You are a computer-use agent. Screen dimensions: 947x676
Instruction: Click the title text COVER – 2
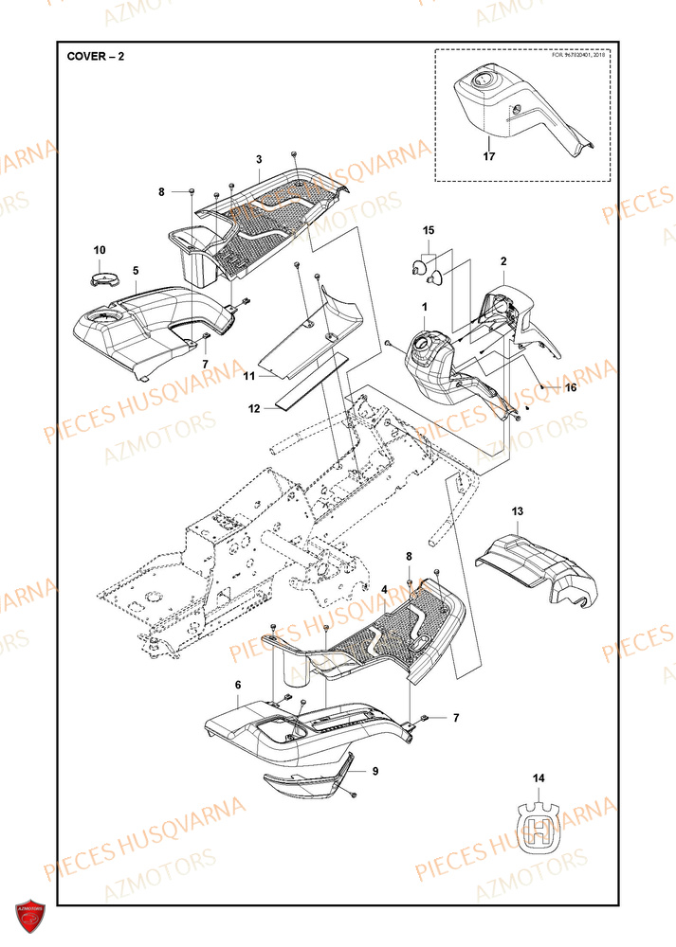[x=95, y=56]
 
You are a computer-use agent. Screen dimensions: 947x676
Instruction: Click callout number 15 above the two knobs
[x=428, y=230]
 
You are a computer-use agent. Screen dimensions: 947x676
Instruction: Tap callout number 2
[x=503, y=260]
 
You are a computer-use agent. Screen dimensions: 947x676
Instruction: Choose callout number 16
[x=570, y=387]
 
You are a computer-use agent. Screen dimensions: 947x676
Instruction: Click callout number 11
[x=249, y=376]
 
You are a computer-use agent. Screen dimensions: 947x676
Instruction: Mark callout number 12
[x=253, y=409]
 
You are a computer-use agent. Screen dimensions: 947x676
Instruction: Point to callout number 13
[x=518, y=512]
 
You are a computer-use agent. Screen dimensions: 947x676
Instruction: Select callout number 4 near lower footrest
[x=384, y=589]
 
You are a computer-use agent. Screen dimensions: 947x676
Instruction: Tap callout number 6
[x=238, y=685]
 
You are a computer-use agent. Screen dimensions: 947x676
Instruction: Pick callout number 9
[x=375, y=771]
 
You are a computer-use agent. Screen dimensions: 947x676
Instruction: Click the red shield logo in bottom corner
[x=31, y=917]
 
